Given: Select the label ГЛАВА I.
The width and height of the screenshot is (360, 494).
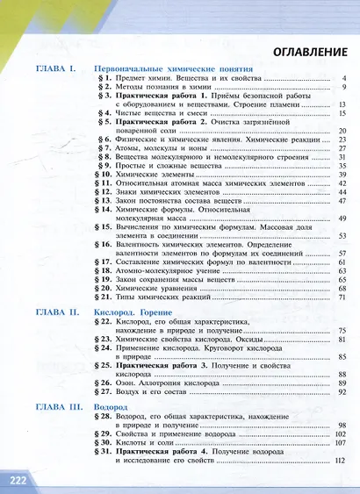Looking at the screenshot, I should [57, 68].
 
